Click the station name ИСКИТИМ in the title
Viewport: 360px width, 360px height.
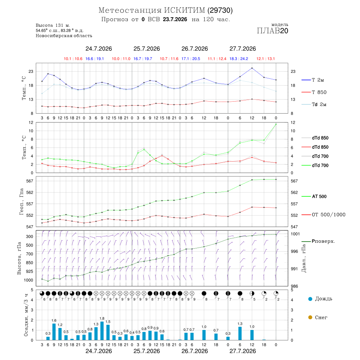tap(184, 10)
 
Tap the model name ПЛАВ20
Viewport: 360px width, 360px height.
tap(272, 31)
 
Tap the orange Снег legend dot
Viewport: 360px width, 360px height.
tap(310, 317)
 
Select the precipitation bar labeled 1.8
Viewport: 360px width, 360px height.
tap(102, 331)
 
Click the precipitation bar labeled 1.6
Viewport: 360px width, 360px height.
tap(54, 332)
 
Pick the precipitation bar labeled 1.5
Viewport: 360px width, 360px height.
tap(108, 332)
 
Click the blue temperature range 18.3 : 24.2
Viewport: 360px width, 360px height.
tap(239, 59)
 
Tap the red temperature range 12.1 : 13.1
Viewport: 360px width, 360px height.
tap(266, 59)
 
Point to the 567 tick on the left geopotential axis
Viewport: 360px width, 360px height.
tap(30, 181)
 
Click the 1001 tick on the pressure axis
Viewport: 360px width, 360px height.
tap(295, 234)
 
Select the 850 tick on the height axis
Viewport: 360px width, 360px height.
tap(29, 263)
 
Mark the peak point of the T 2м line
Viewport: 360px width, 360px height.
tap(252, 68)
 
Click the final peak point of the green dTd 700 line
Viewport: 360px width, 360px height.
tap(276, 124)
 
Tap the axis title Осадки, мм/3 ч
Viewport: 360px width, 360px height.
tap(26, 315)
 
